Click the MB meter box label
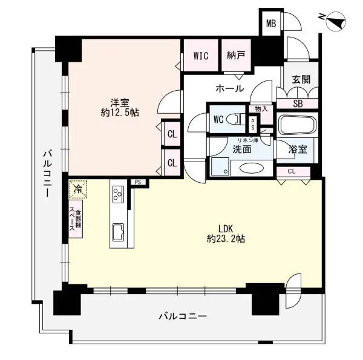[x=271, y=24]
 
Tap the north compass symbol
[x=335, y=21]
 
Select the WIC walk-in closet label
[x=201, y=56]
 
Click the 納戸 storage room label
[x=236, y=56]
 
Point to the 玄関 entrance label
[x=301, y=79]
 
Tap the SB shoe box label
[x=298, y=103]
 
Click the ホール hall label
[x=230, y=88]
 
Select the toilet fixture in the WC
[x=235, y=119]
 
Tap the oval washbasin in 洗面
[x=252, y=168]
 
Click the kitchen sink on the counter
[x=118, y=232]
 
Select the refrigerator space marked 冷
[x=78, y=189]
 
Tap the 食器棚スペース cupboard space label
[x=76, y=219]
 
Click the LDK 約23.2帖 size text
[x=226, y=234]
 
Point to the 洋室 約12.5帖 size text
[x=120, y=108]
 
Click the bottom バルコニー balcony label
[x=183, y=316]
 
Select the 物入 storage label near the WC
[x=261, y=109]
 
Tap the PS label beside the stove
[x=138, y=182]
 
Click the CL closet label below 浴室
[x=292, y=172]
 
